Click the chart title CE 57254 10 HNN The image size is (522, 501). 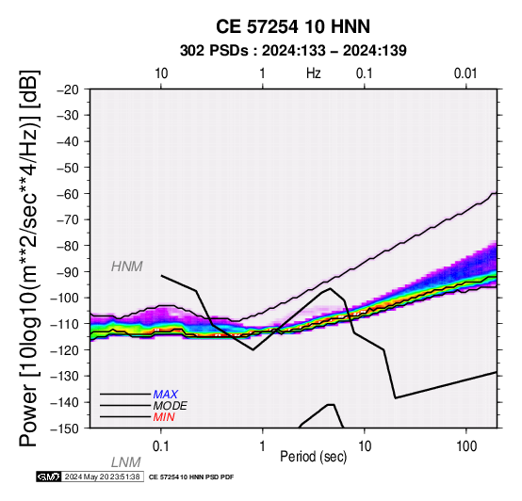(293, 26)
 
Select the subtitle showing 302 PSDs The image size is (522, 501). (293, 51)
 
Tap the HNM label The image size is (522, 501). (127, 267)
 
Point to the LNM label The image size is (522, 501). (126, 462)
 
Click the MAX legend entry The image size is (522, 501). (166, 395)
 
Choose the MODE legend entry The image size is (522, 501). (171, 406)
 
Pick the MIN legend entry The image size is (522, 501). (164, 417)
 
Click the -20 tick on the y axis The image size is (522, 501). (68, 89)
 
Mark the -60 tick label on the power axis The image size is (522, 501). (68, 194)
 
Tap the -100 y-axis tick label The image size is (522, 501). (64, 299)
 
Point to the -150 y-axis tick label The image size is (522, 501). (64, 428)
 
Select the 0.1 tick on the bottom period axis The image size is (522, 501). (161, 445)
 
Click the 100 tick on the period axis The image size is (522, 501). (466, 445)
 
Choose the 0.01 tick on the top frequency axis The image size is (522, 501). (465, 73)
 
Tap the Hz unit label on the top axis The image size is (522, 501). (313, 73)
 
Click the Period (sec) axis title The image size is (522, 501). (313, 457)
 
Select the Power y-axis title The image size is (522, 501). (29, 259)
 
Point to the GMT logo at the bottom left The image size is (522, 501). (49, 477)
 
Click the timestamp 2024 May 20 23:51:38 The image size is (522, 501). (102, 477)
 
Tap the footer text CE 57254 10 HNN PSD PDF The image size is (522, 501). (191, 477)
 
